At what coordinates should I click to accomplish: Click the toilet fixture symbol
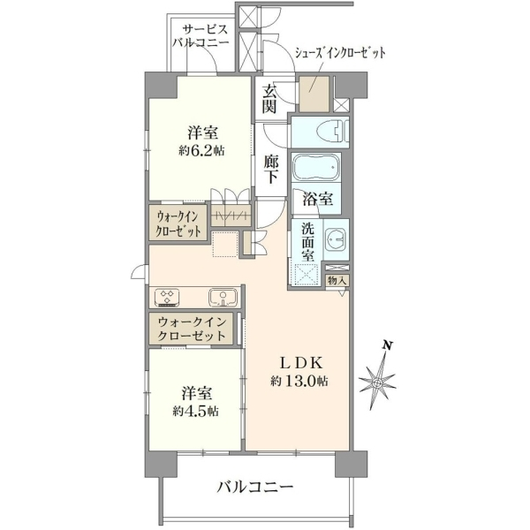[x=333, y=132]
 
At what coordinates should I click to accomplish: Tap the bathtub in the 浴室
[x=315, y=168]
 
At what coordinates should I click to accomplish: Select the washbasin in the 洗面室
[x=336, y=239]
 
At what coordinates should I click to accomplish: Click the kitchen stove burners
[x=167, y=298]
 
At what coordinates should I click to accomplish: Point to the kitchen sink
[x=223, y=298]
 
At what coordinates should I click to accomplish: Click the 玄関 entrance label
[x=270, y=98]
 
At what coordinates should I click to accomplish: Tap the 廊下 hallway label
[x=271, y=169]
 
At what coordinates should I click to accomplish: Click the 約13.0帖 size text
[x=299, y=382]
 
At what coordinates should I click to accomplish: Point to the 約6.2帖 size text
[x=201, y=150]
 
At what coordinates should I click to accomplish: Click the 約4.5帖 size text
[x=196, y=411]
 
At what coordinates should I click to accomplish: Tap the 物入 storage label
[x=337, y=280]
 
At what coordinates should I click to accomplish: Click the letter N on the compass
[x=388, y=345]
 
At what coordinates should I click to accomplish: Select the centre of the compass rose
[x=376, y=383]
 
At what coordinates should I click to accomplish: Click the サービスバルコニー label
[x=201, y=36]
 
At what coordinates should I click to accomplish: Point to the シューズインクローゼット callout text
[x=341, y=53]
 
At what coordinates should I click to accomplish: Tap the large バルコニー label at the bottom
[x=255, y=487]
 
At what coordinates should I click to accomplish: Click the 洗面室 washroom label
[x=308, y=242]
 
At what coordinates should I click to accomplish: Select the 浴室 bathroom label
[x=318, y=199]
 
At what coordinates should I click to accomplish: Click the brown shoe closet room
[x=314, y=94]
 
